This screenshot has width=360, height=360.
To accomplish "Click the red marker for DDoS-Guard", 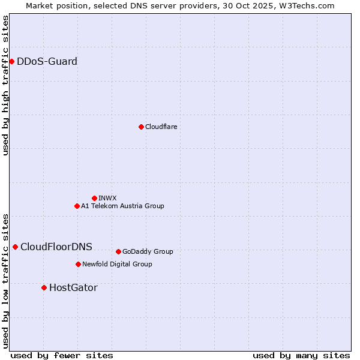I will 11,61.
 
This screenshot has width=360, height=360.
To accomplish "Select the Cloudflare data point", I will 141,127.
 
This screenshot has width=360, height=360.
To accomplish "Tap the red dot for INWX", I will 94,198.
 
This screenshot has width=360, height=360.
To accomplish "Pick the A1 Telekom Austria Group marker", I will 77,206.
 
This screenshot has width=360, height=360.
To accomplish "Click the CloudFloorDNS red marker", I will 15,247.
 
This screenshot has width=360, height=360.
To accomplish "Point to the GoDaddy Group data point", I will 118,251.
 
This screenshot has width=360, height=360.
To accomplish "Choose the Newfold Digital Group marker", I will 78,264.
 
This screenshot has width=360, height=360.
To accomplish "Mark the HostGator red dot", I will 44,287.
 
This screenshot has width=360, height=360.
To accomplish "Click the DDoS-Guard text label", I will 47,61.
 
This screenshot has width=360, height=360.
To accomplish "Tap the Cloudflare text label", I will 161,127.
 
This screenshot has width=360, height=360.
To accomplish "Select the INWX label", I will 107,198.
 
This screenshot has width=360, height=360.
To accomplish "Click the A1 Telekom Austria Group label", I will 122,206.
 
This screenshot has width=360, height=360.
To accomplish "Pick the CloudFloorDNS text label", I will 56,247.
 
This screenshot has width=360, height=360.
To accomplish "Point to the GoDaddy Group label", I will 148,251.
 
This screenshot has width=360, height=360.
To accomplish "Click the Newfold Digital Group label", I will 117,264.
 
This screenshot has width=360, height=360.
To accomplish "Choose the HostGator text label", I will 73,287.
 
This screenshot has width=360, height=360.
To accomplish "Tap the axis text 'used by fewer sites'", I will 62,355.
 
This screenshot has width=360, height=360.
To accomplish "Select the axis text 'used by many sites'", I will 301,355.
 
